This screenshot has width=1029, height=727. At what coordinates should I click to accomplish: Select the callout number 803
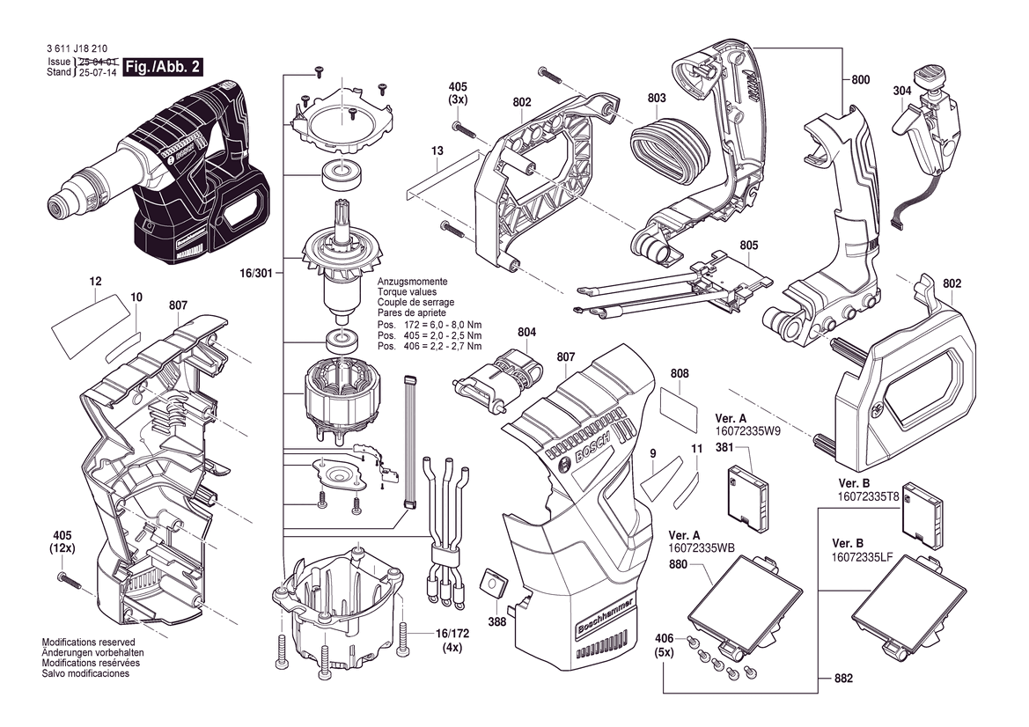(656, 99)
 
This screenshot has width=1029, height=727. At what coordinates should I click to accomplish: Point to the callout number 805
(749, 245)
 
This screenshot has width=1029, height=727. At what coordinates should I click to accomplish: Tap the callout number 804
(526, 332)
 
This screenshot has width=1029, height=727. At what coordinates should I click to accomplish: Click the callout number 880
(678, 564)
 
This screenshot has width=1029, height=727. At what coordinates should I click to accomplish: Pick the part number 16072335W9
(747, 432)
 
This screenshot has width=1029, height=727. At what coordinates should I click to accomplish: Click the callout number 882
(842, 679)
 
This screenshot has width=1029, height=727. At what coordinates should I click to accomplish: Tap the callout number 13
(437, 151)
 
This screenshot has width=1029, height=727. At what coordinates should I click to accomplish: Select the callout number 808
(679, 373)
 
